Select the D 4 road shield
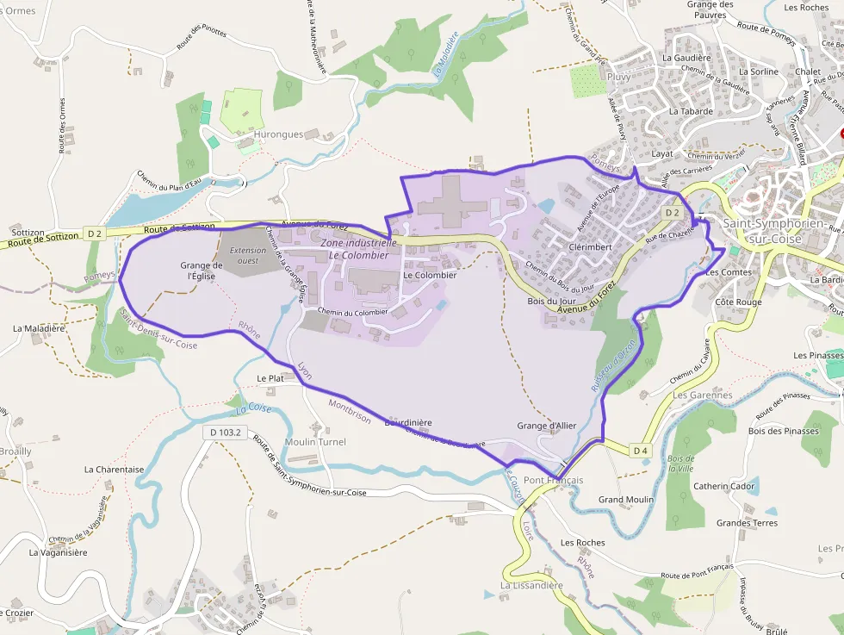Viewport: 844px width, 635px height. click(x=640, y=450)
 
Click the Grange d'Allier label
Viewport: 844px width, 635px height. click(x=546, y=426)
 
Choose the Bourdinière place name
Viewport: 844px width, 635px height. click(x=407, y=422)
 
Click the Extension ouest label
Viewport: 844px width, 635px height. click(x=248, y=255)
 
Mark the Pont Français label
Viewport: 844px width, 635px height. click(x=553, y=480)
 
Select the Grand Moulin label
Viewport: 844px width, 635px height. click(x=626, y=500)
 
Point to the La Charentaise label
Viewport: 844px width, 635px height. click(x=114, y=470)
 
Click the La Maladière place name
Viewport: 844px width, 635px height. click(x=39, y=328)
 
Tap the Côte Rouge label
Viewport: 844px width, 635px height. click(x=738, y=302)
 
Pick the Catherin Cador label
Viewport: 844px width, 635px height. click(x=724, y=486)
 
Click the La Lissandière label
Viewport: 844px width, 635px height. click(x=531, y=585)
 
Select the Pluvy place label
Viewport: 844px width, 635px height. click(x=618, y=77)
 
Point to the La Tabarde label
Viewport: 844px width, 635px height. click(x=691, y=111)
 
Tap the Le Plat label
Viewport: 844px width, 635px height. click(x=270, y=378)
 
